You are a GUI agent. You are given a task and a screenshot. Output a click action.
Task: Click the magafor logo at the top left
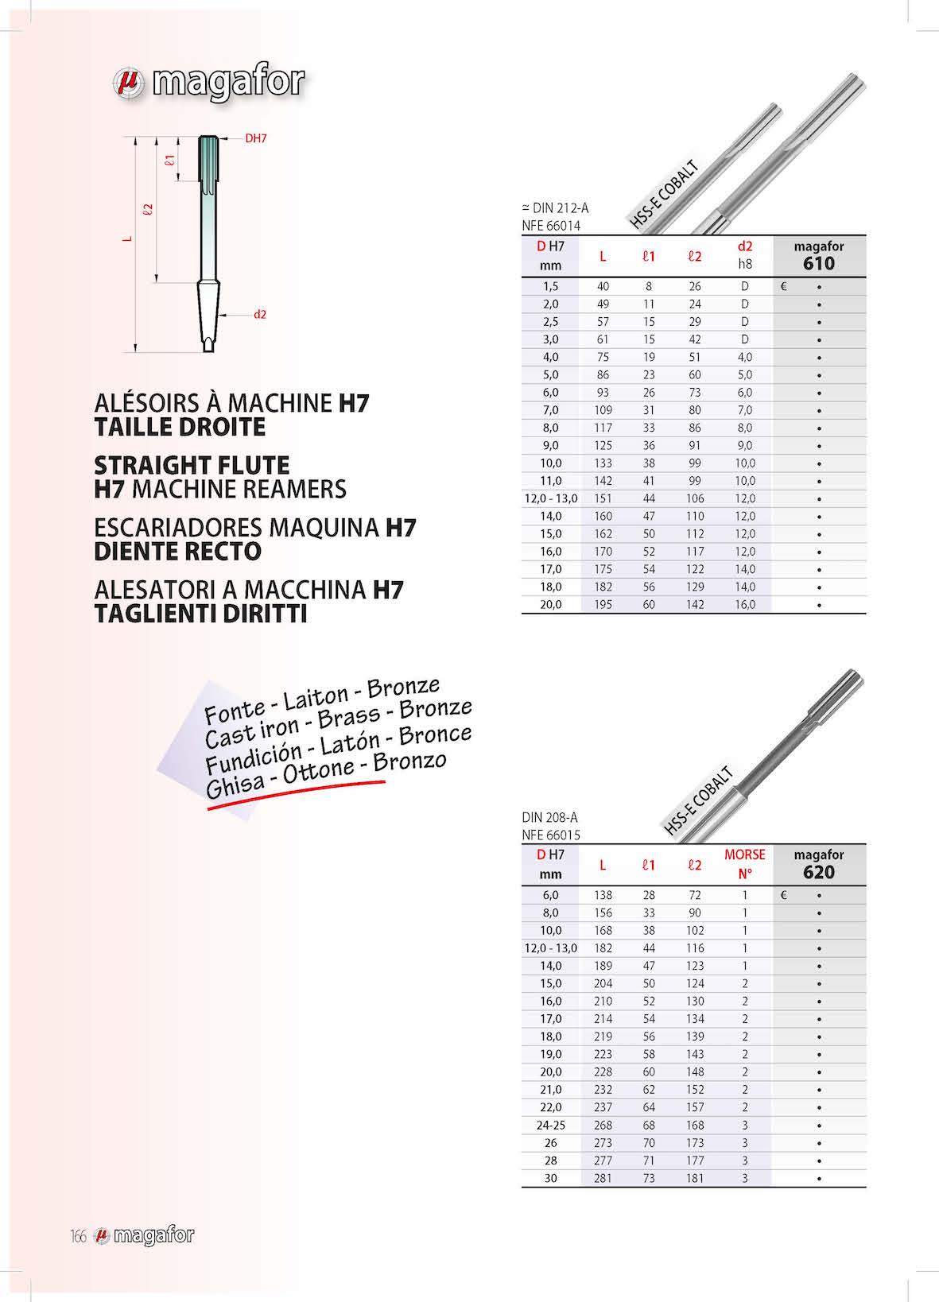[x=208, y=82]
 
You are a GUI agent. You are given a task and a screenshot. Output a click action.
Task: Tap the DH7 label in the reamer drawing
[x=255, y=138]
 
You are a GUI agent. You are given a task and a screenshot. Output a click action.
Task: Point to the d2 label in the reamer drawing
[x=260, y=315]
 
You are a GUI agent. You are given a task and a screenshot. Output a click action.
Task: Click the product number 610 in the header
[x=818, y=264]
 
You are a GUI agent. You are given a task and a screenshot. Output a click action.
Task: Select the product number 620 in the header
[x=818, y=873]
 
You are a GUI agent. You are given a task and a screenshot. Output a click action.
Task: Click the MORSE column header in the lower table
[x=744, y=855]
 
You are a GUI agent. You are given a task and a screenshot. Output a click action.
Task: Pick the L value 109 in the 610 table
[x=603, y=410]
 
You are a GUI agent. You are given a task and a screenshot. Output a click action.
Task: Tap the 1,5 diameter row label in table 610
[x=550, y=286]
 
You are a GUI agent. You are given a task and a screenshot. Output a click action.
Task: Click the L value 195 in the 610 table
[x=603, y=605]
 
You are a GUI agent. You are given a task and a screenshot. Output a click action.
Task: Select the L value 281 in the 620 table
[x=603, y=1179]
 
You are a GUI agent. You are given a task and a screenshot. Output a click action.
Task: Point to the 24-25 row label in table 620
[x=550, y=1126]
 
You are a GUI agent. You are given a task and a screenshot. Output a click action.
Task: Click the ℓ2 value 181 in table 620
[x=695, y=1179]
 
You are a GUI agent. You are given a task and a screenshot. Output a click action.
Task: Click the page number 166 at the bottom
[x=78, y=1236]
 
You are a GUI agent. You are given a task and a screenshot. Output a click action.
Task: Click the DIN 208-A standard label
[x=549, y=817]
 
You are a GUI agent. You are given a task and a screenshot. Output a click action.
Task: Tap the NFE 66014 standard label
[x=551, y=226]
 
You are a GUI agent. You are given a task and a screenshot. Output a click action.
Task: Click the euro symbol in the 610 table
[x=784, y=286]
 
